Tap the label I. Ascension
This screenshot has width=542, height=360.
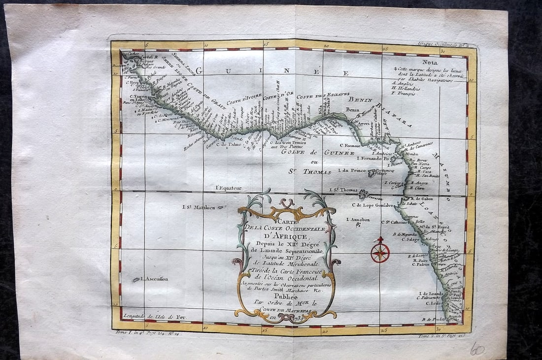(154, 279)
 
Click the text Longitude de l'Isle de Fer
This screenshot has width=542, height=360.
(147, 316)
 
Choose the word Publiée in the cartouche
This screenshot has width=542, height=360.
(287, 297)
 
